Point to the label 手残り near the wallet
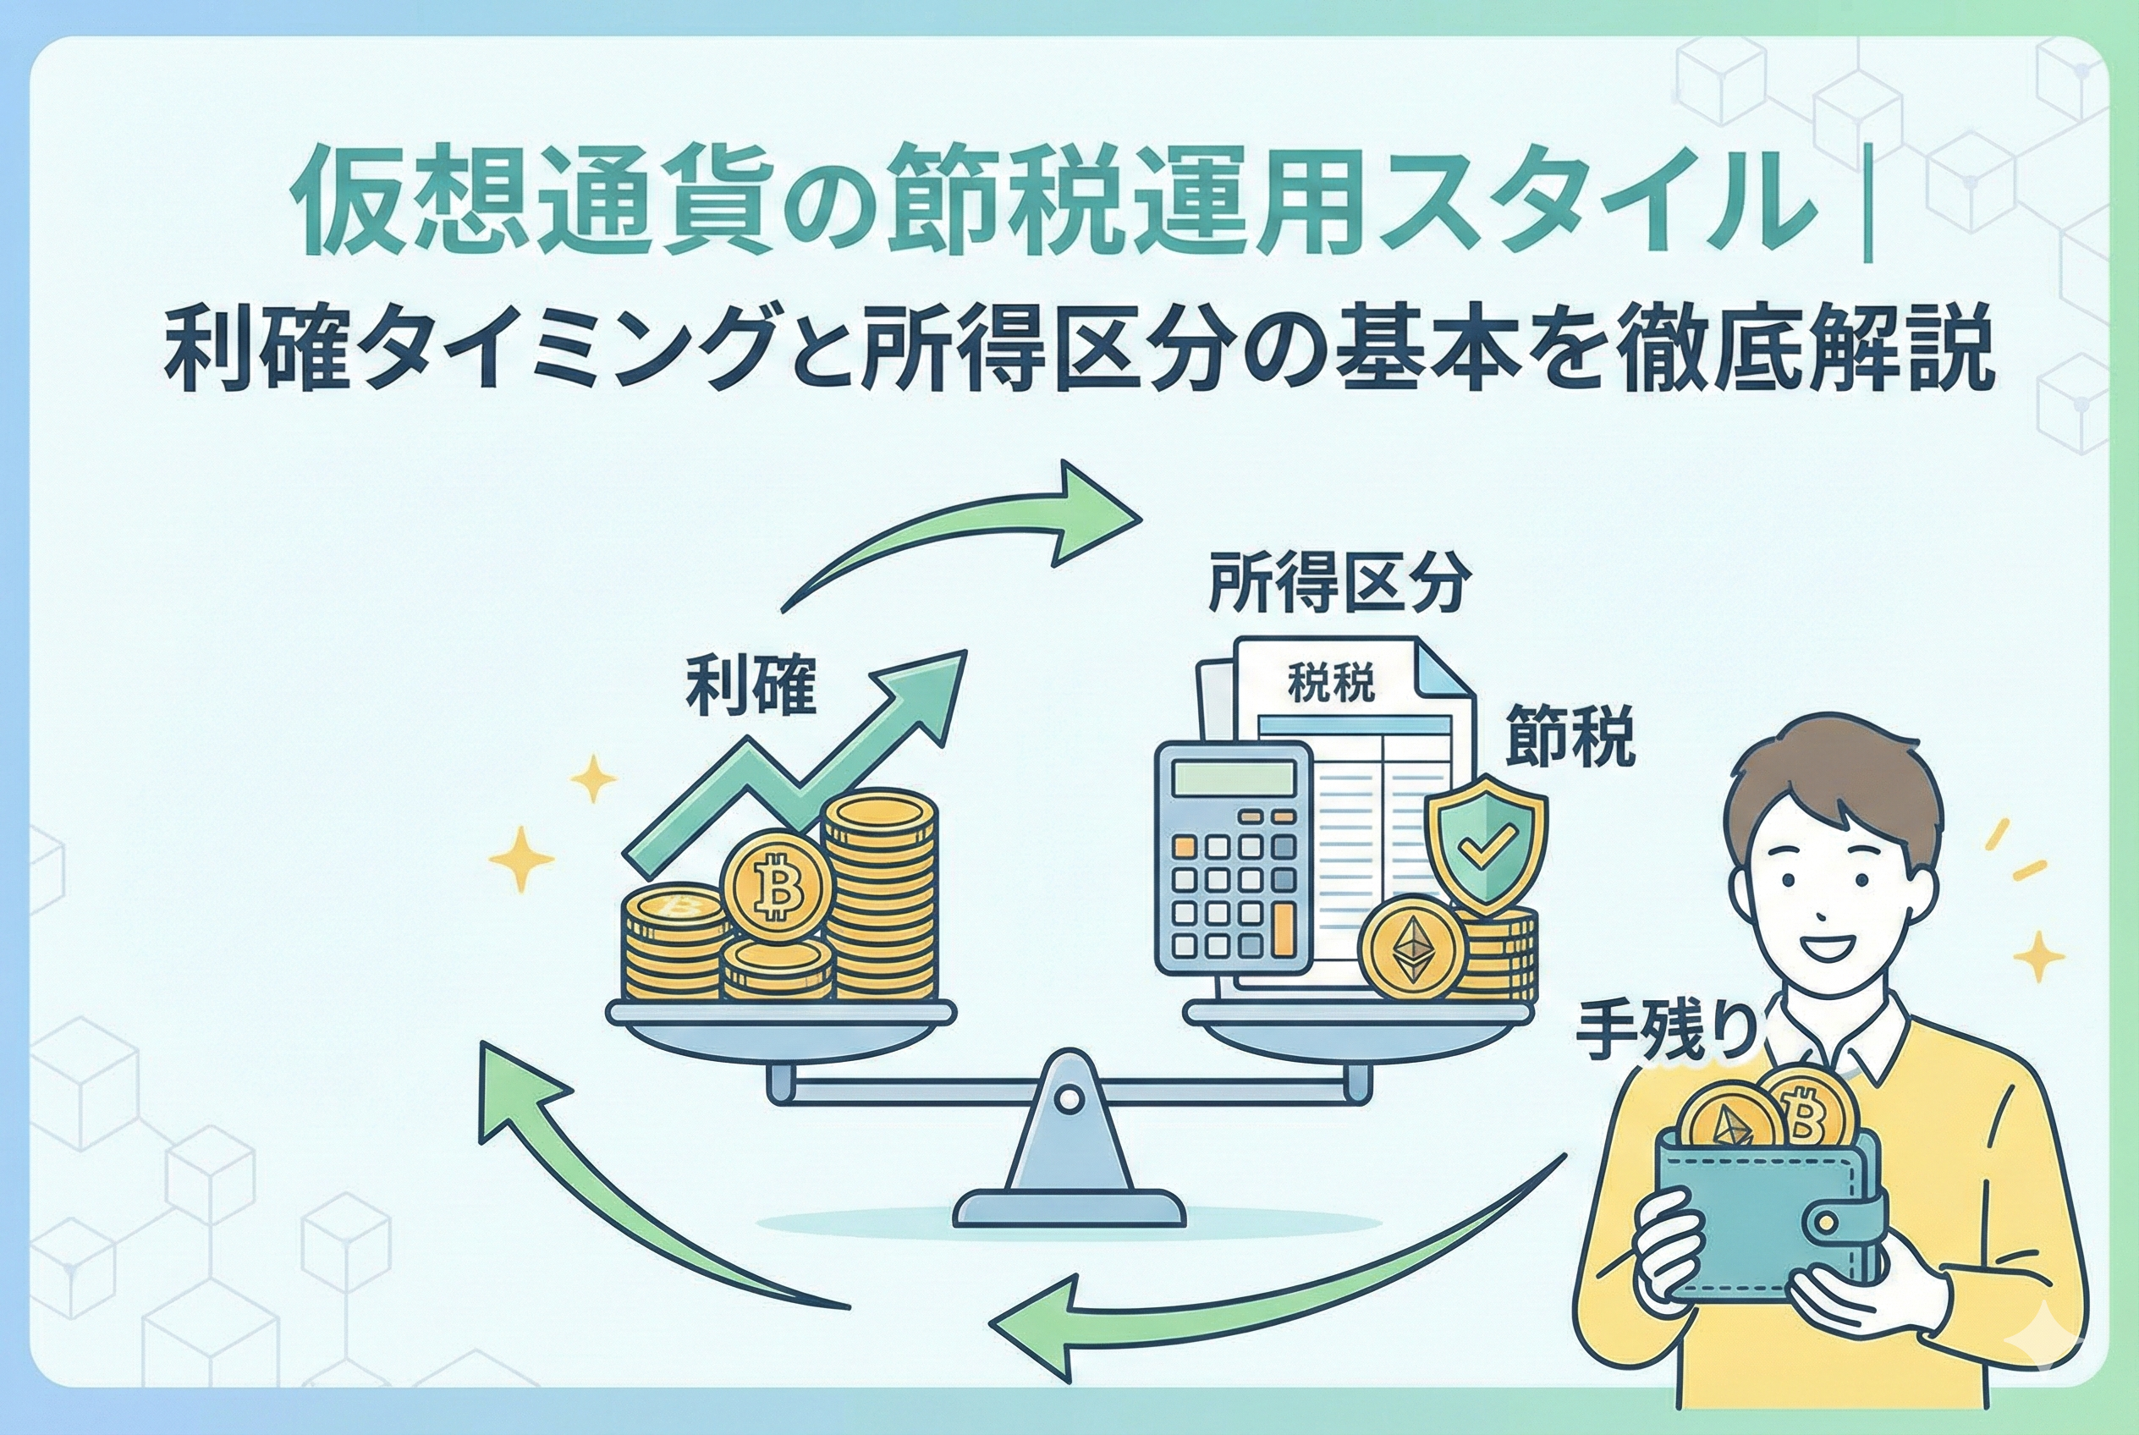(x=1666, y=1033)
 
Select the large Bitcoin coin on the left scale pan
(x=776, y=884)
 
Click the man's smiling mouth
(x=1822, y=946)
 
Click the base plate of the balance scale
(x=1068, y=1207)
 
